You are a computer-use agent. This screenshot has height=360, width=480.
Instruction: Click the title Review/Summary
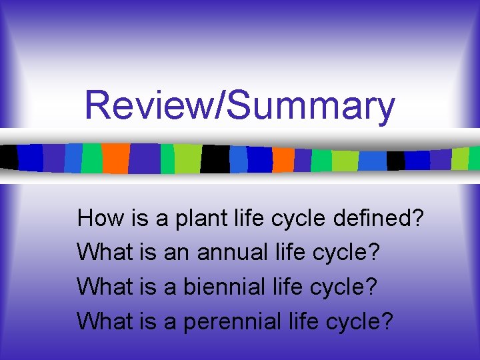tap(240, 105)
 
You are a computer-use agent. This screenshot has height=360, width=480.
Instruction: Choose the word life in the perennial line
tap(303, 322)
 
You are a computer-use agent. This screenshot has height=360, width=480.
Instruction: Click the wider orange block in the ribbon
tap(115, 159)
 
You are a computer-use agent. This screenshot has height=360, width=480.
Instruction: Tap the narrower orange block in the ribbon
tap(283, 159)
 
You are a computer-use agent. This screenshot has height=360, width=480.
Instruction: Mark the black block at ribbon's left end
tap(9, 157)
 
